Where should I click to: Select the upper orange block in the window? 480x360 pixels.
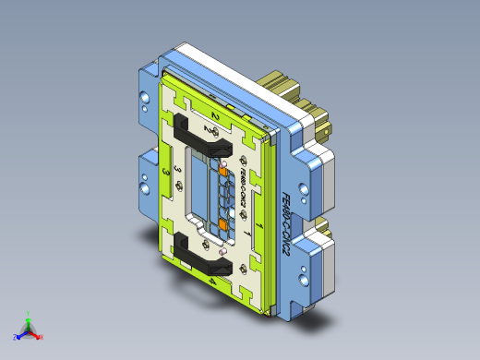pyautogui.click(x=223, y=171)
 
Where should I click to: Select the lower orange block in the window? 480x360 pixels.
pyautogui.click(x=222, y=226)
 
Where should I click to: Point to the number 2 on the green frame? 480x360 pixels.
pyautogui.click(x=215, y=114)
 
